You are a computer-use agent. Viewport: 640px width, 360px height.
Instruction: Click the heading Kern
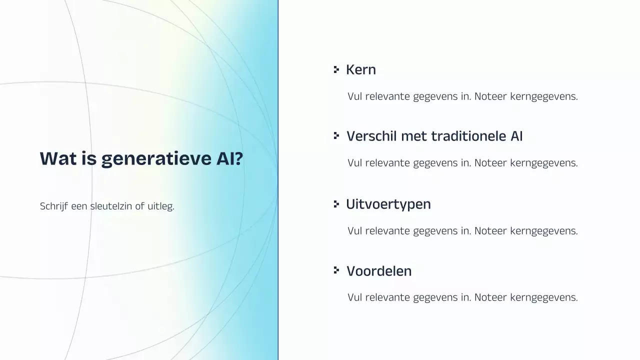tap(360, 69)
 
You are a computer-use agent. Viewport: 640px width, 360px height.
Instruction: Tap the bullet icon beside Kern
tap(336, 69)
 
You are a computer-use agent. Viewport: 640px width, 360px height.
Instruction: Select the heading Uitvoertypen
tap(388, 204)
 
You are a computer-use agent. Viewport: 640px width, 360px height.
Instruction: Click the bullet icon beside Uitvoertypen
tap(336, 204)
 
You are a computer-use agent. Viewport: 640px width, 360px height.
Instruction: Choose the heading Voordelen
tap(379, 271)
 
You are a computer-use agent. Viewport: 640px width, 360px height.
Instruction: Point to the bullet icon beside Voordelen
tap(336, 270)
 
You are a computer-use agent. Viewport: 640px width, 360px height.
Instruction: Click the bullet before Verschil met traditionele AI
tap(336, 136)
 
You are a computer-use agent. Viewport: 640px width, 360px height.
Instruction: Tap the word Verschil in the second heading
tap(368, 136)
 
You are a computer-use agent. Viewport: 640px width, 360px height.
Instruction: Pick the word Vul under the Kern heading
tap(355, 96)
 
